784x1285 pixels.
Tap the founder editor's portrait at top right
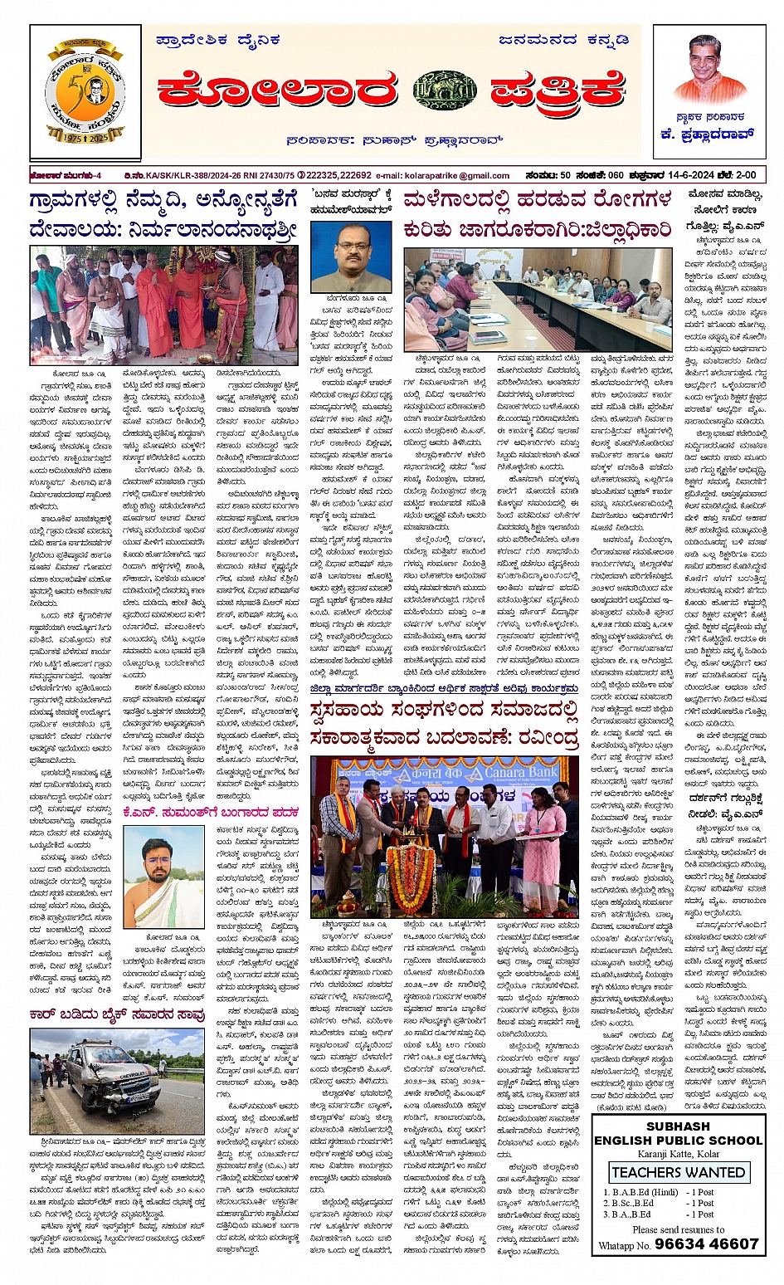(709, 70)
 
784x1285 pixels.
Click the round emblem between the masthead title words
(446, 89)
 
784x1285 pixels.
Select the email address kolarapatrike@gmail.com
(454, 176)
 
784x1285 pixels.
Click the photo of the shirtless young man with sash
(163, 879)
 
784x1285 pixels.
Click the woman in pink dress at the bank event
(543, 855)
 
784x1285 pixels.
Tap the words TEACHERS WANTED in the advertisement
(678, 1172)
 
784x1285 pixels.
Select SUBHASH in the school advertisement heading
(678, 1126)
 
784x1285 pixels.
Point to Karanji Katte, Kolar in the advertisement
(678, 1155)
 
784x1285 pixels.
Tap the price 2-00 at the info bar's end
(745, 176)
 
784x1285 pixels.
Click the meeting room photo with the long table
(538, 299)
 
